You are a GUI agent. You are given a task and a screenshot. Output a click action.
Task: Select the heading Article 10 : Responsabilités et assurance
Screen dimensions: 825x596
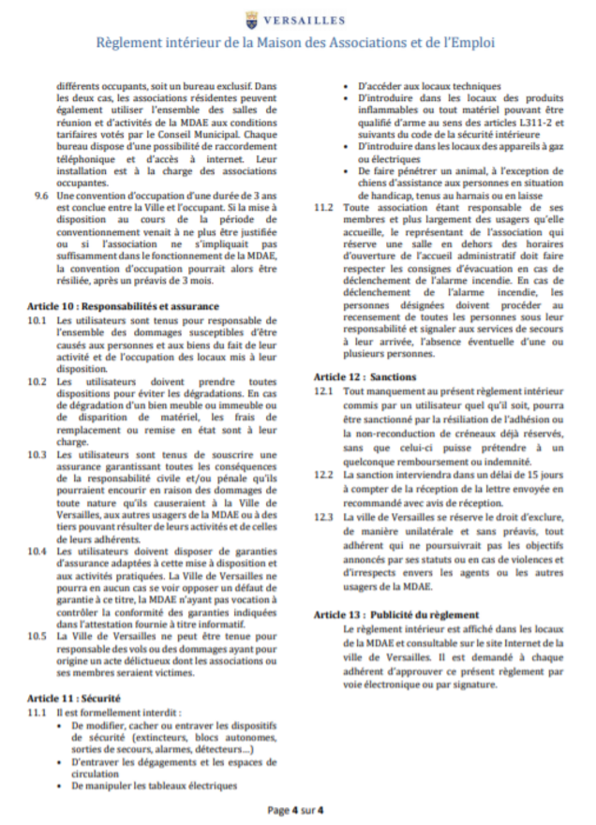click(122, 306)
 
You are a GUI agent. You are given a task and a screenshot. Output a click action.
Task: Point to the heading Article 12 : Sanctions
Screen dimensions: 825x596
click(365, 376)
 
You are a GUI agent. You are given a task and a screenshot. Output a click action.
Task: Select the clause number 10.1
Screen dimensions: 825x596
click(37, 320)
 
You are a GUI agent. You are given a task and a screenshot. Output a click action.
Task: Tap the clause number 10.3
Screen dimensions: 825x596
click(37, 455)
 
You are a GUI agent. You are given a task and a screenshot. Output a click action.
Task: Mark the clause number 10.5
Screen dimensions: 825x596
click(37, 635)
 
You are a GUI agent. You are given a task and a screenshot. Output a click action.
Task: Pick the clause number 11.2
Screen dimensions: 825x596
click(324, 208)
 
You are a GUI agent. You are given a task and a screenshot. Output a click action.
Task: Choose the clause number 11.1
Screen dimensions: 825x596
click(37, 713)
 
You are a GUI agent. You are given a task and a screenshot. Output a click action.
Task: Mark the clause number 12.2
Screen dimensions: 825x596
click(324, 475)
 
